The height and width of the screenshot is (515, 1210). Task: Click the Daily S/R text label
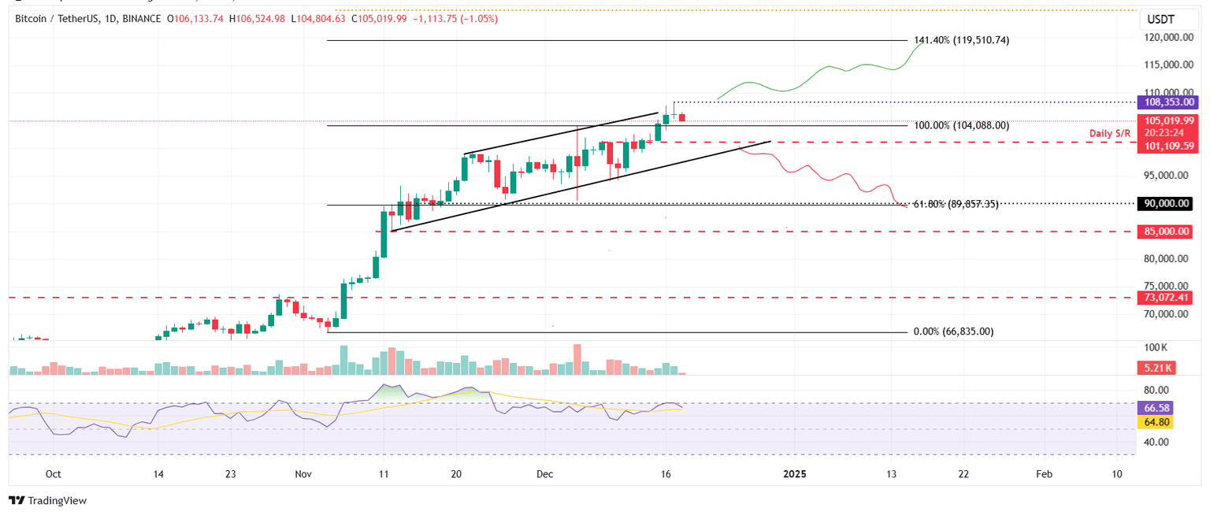pyautogui.click(x=1109, y=134)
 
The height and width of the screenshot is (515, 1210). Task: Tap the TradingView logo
pyautogui.click(x=47, y=500)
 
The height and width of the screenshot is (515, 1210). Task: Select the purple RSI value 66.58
pyautogui.click(x=1156, y=408)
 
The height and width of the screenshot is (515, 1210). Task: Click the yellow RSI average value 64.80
pyautogui.click(x=1156, y=422)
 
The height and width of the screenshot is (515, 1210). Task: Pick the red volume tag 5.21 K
pyautogui.click(x=1156, y=368)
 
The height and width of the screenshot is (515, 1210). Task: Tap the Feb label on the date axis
pyautogui.click(x=1044, y=474)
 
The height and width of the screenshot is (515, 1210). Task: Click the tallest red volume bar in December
pyautogui.click(x=577, y=360)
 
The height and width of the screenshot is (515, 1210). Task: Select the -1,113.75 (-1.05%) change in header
pyautogui.click(x=461, y=19)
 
